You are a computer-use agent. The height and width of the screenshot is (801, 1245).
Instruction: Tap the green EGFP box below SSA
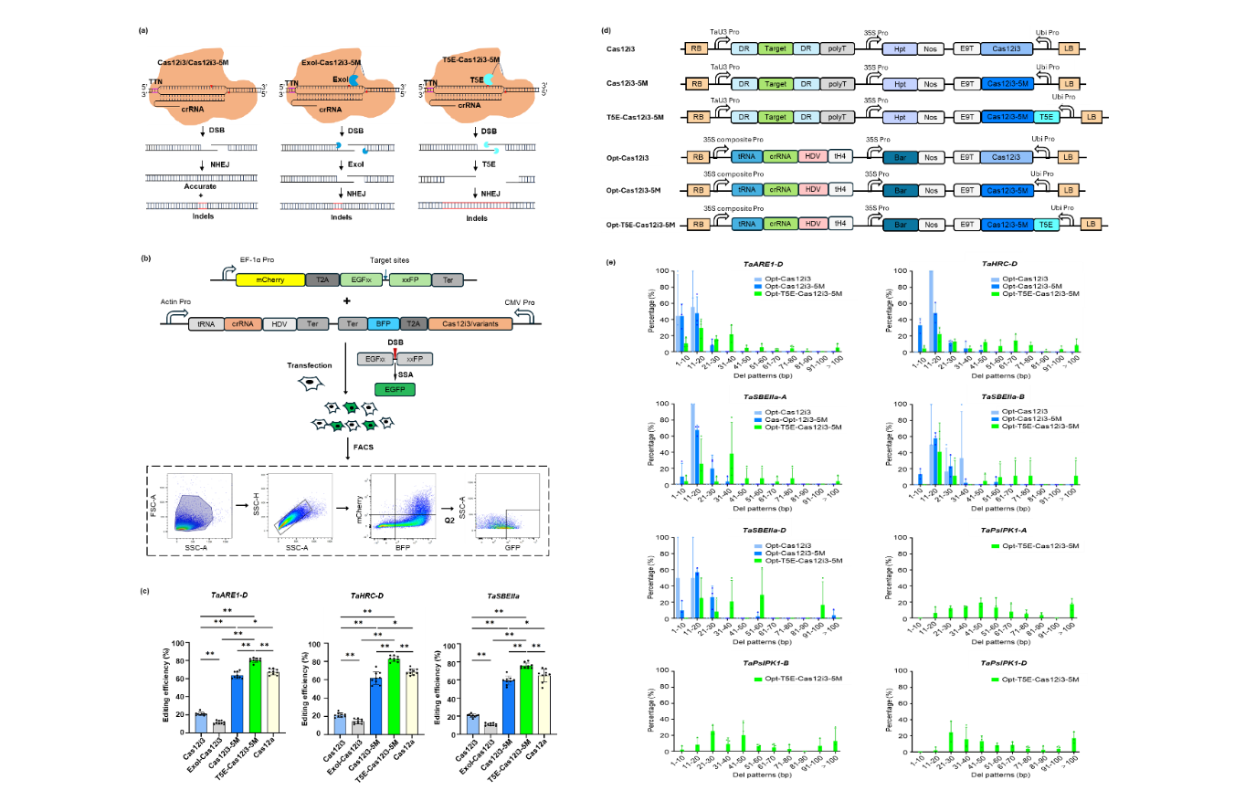pyautogui.click(x=394, y=388)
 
